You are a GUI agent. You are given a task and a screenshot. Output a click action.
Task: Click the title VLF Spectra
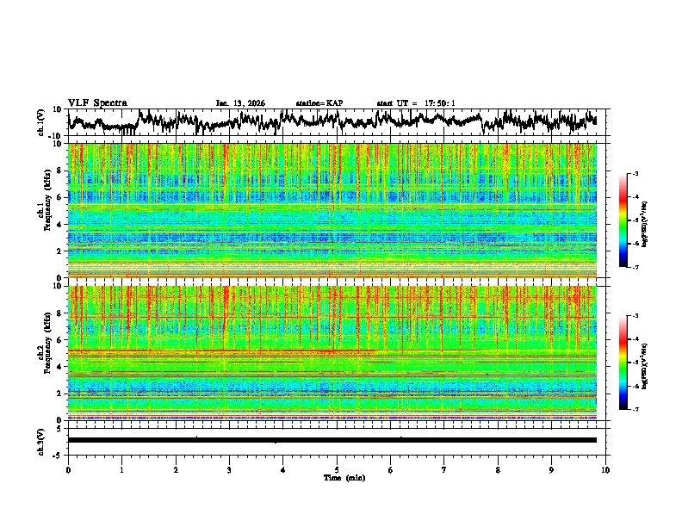pos(97,102)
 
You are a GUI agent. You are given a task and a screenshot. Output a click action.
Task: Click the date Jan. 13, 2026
pos(240,103)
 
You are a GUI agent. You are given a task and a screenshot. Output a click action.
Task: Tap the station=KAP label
pos(319,103)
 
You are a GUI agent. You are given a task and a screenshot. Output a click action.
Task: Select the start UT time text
pos(416,103)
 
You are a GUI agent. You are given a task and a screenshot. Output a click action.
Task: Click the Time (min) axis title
pos(344,477)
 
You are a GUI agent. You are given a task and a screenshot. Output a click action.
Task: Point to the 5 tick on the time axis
pos(337,470)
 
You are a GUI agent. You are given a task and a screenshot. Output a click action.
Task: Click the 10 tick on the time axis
pos(606,470)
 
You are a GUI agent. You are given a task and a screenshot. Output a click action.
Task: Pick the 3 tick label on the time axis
pos(229,470)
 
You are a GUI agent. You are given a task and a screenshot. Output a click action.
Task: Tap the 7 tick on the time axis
pos(444,470)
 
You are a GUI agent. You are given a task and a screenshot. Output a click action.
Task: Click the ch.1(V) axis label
pos(41,122)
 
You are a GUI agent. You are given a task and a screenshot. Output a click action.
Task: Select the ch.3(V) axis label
pos(41,440)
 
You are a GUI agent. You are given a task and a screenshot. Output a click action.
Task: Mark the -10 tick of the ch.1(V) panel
pos(56,136)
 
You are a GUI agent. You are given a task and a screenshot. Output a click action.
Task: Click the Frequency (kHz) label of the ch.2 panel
pos(45,352)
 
